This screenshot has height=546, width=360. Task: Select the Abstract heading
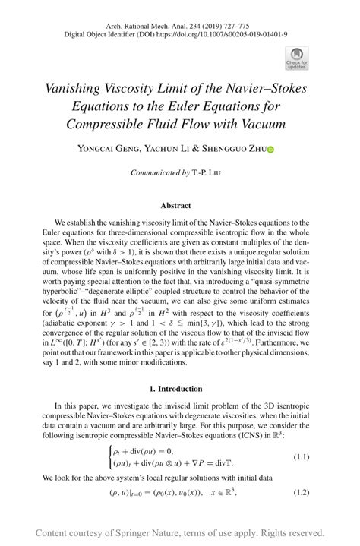pyautogui.click(x=175, y=205)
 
